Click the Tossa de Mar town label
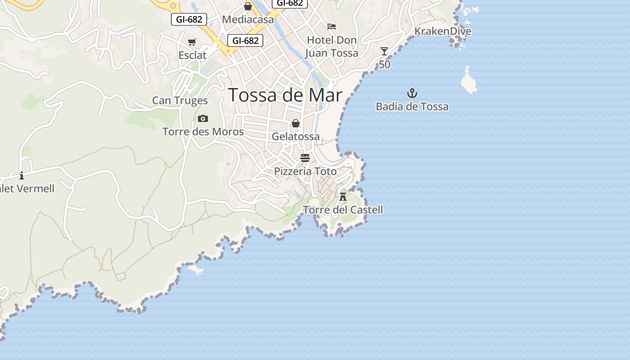coord(285,95)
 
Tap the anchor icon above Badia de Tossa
coord(412,94)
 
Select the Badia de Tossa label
coord(412,107)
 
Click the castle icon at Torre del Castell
coord(343,196)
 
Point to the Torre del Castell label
coord(343,210)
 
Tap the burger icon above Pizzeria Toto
coord(305,158)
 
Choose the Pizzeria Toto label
coord(305,171)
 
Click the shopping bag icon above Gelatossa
coord(296,123)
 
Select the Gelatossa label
coord(296,136)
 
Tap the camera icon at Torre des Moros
coord(203,119)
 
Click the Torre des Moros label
coord(203,132)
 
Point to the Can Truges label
coord(180,100)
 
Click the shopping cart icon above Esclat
coord(192,42)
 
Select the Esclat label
coord(192,55)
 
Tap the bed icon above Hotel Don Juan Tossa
coord(332,27)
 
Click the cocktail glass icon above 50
coord(384,51)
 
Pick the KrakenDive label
coord(443,31)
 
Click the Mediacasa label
coord(248,20)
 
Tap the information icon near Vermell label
coord(22,175)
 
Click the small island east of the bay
coord(468,81)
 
